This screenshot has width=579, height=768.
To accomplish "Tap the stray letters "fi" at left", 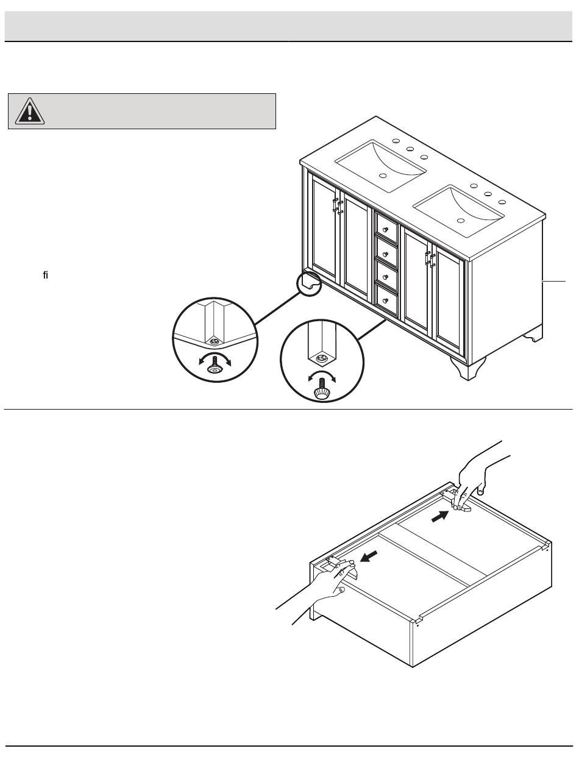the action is tap(46, 276).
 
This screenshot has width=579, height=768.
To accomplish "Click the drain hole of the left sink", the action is tap(383, 176).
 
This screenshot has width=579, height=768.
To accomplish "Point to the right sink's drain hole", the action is tap(461, 219).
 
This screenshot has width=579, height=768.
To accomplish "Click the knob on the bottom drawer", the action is tap(386, 299).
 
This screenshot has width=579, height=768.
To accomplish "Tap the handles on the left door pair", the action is tap(336, 205).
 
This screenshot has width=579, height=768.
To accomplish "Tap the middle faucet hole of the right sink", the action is tap(488, 194).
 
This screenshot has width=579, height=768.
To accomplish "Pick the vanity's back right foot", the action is tap(534, 333).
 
